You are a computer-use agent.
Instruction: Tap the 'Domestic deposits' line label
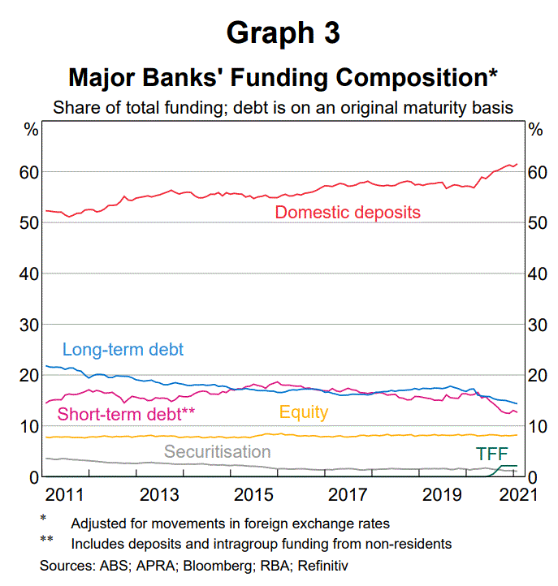(348, 213)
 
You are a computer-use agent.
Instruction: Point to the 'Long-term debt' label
(123, 350)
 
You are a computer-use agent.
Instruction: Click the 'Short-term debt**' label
(126, 413)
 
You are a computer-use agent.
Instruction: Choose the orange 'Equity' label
(304, 412)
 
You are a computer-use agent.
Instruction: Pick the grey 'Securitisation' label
(217, 451)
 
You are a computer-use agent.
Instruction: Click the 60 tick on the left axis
(29, 172)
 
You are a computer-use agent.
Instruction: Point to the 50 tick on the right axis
(538, 223)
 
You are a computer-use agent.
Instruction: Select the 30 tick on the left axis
(29, 325)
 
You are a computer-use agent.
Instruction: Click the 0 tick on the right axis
(533, 477)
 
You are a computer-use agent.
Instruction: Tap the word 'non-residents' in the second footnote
(411, 544)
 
